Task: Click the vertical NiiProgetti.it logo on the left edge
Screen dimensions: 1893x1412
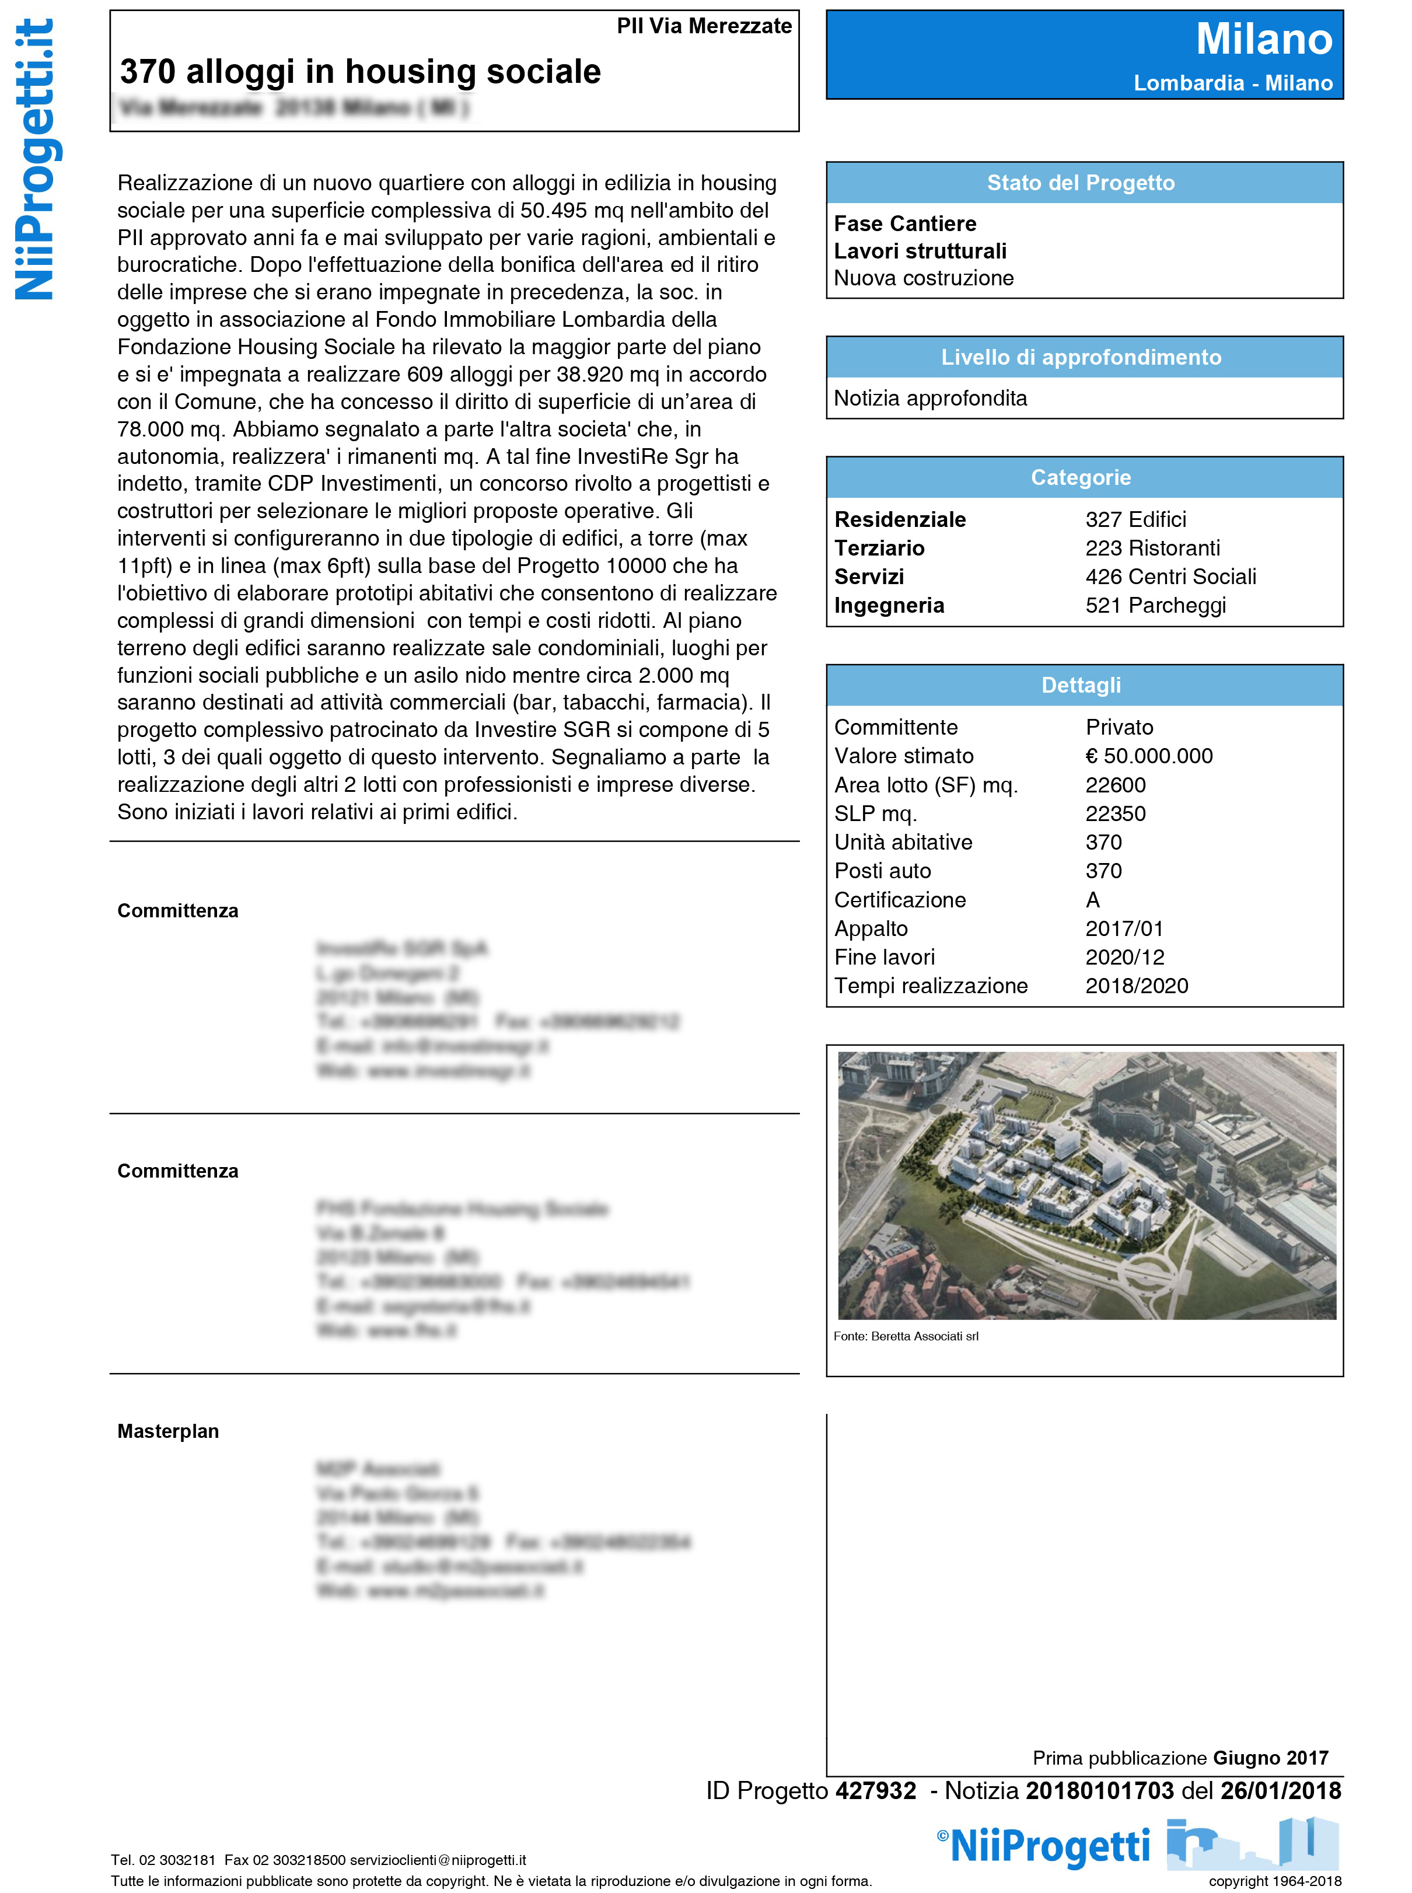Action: tap(34, 160)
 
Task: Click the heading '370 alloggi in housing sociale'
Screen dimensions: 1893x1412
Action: tap(360, 72)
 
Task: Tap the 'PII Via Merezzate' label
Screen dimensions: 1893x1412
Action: tap(704, 26)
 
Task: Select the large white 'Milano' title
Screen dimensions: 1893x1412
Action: tap(1263, 39)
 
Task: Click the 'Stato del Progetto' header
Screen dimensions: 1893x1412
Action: tap(1081, 183)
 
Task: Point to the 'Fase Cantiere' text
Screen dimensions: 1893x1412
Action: tap(904, 224)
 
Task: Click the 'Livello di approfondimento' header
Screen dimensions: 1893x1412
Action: tap(1081, 357)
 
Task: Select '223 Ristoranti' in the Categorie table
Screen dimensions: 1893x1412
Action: tap(1152, 548)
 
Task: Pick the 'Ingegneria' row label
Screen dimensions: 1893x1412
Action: tap(889, 605)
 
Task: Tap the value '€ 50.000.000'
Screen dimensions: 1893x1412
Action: tap(1149, 756)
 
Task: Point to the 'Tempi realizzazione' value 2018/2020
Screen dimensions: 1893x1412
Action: tap(1136, 986)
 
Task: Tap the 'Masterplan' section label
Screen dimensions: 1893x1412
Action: tap(167, 1431)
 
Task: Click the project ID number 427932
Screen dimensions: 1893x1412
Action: tap(875, 1790)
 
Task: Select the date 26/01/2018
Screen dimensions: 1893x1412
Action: tap(1280, 1790)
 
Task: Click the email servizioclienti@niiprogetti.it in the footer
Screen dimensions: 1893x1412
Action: tap(438, 1860)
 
